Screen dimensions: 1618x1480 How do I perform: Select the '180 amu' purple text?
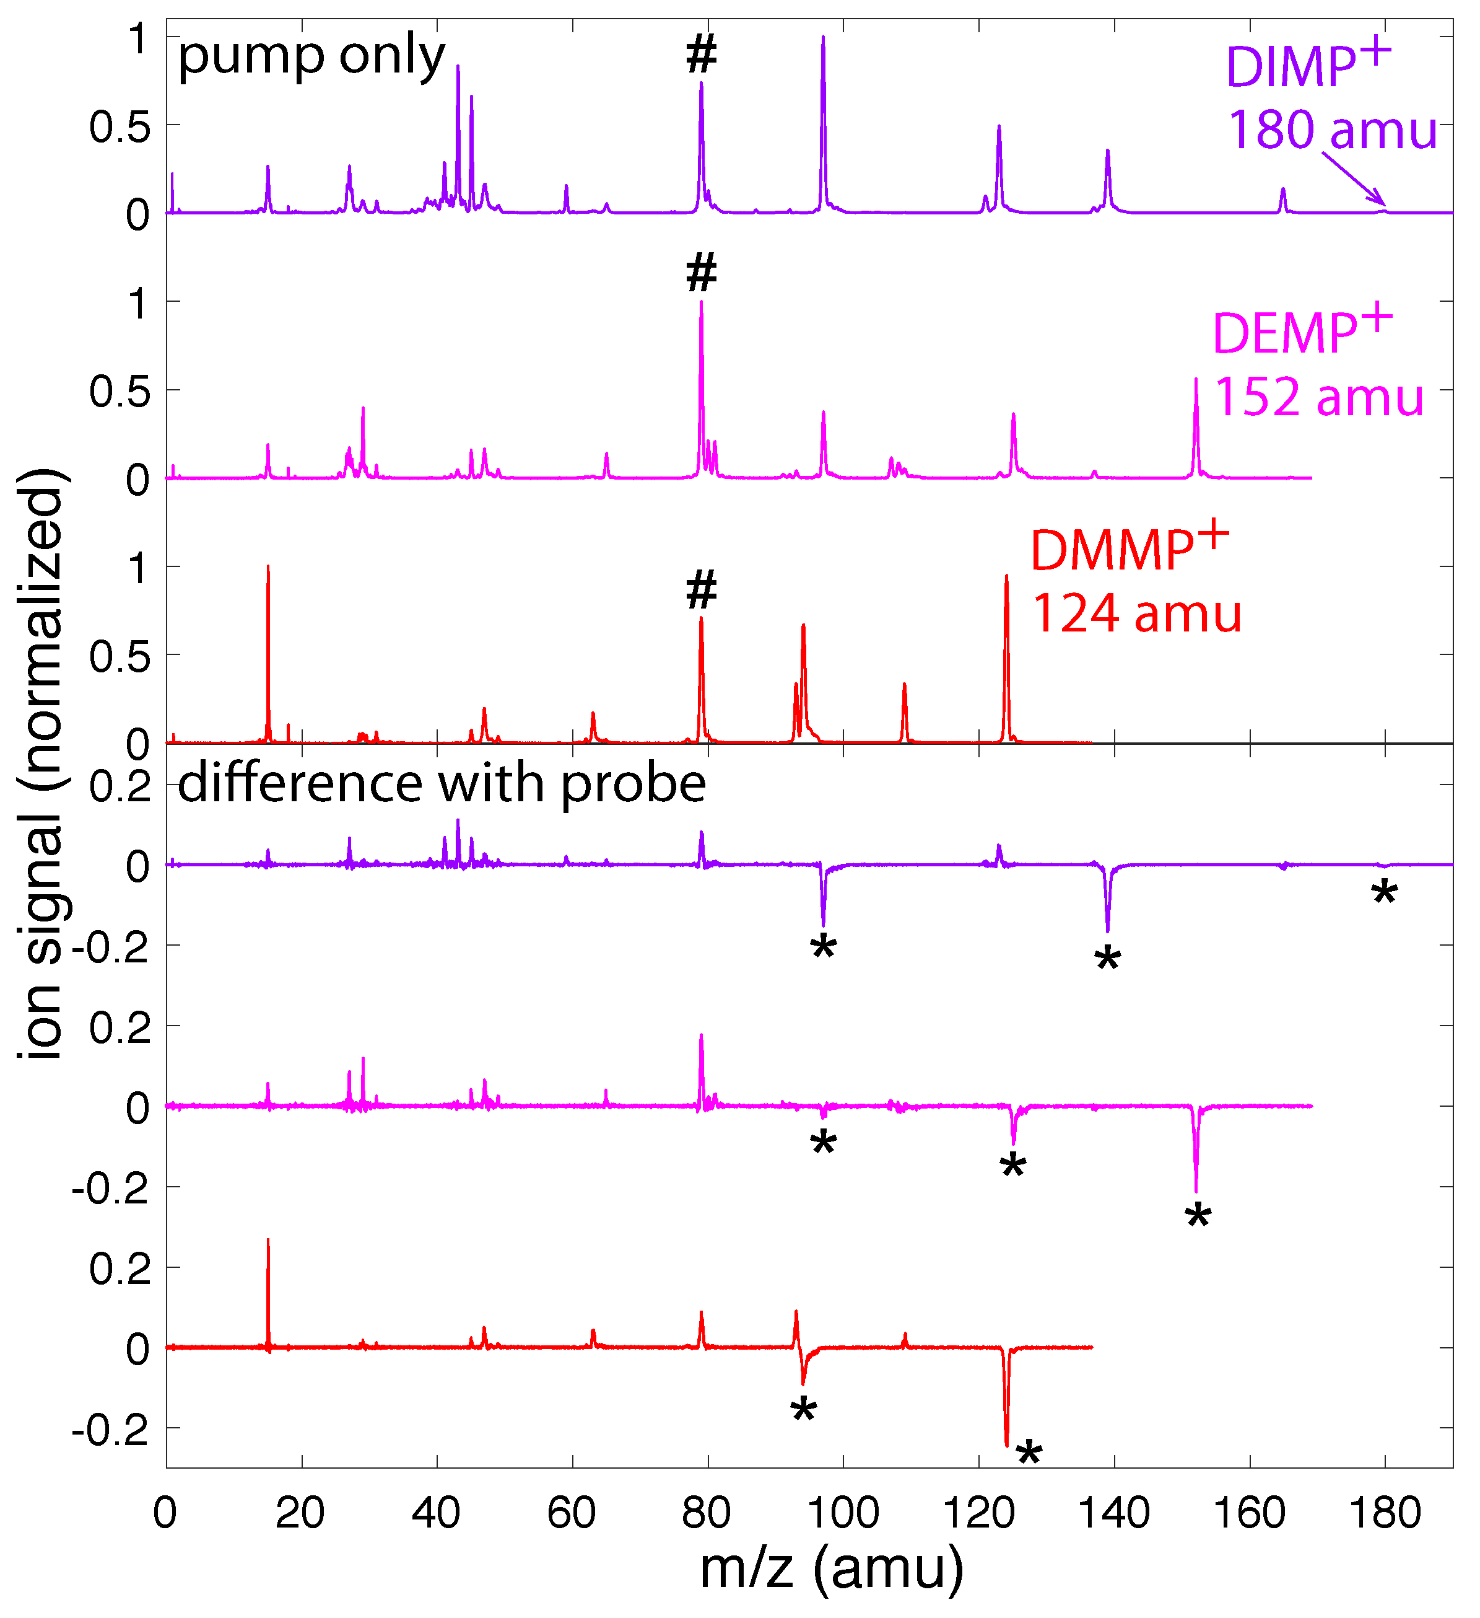click(x=1333, y=130)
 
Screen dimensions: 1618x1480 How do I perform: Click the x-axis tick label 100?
click(x=842, y=1514)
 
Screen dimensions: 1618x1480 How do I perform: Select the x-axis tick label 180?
click(x=1385, y=1514)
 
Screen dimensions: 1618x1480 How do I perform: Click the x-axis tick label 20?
click(x=301, y=1514)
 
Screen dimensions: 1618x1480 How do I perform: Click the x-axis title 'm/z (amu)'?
click(x=831, y=1569)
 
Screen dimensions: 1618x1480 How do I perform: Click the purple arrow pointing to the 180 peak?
click(x=1354, y=179)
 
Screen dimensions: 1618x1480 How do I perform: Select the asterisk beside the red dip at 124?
click(x=1029, y=1455)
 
